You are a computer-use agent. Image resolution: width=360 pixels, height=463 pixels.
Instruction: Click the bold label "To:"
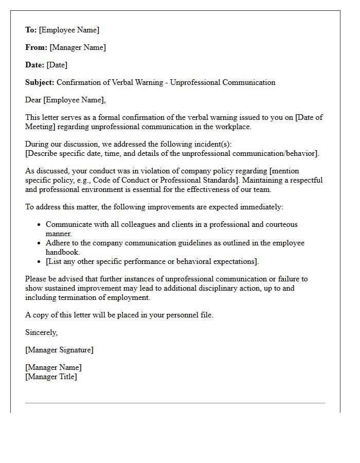pos(31,30)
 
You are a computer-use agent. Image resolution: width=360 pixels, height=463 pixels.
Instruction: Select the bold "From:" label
pos(37,47)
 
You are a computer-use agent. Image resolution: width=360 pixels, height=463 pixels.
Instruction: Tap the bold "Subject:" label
pos(40,82)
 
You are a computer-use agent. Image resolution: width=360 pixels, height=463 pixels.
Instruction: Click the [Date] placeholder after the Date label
pos(57,65)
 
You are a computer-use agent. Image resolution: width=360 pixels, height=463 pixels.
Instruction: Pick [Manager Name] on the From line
pos(78,47)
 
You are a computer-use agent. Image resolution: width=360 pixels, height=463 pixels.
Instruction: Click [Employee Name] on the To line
pos(69,30)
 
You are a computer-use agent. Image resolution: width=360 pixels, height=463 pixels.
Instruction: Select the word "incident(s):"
pos(218,144)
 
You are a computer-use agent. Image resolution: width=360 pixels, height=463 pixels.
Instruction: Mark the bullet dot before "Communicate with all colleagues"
pos(39,225)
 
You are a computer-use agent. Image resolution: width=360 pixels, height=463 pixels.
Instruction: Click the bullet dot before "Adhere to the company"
pos(39,243)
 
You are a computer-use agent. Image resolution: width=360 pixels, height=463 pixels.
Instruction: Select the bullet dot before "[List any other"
pos(39,262)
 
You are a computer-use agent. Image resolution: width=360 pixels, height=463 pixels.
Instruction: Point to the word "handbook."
pos(63,252)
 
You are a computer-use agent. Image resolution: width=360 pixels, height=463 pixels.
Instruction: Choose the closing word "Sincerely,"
pos(42,332)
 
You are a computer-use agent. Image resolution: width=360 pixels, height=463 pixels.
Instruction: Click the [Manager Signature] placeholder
pos(59,350)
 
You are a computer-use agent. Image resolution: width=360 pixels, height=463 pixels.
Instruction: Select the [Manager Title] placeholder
pos(51,377)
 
